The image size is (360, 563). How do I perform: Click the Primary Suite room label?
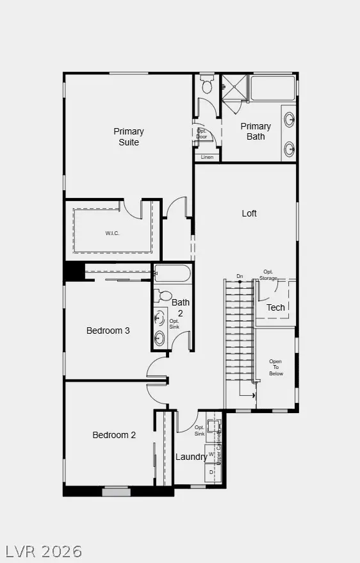point(129,136)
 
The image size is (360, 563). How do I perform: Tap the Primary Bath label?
point(256,131)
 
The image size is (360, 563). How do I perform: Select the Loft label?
point(249,213)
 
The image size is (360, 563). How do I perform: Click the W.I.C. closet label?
point(113,233)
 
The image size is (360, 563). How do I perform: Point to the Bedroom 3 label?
point(108,330)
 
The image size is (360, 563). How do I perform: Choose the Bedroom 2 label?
point(114,435)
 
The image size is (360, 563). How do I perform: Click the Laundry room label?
point(191,457)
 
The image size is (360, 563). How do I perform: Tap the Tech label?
point(275,307)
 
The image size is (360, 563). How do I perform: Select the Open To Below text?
point(275,368)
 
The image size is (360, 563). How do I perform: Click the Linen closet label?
point(207,157)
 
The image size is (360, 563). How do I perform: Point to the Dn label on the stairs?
point(240,277)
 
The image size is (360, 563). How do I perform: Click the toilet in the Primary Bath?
point(207,85)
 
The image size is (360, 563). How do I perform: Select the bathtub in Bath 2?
point(172,273)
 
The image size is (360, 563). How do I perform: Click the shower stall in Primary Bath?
point(234,87)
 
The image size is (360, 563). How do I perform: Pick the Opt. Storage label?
point(269,275)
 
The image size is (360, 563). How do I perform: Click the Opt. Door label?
point(202,133)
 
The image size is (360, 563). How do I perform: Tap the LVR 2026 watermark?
point(44,550)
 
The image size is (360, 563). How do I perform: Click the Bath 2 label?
point(181,307)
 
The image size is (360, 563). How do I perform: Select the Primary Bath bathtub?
point(272,88)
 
